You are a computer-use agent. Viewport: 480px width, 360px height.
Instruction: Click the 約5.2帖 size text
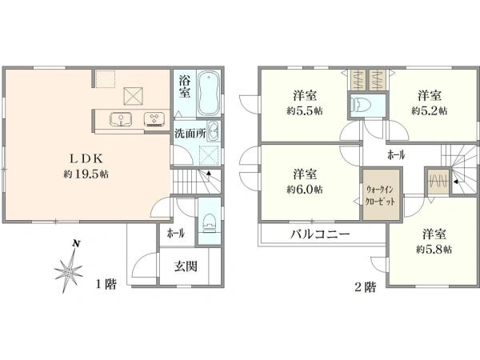click(430, 111)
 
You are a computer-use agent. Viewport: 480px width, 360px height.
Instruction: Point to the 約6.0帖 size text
click(305, 190)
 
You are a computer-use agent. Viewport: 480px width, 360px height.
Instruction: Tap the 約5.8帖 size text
click(433, 250)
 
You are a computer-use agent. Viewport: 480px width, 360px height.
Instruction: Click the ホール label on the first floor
click(176, 234)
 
